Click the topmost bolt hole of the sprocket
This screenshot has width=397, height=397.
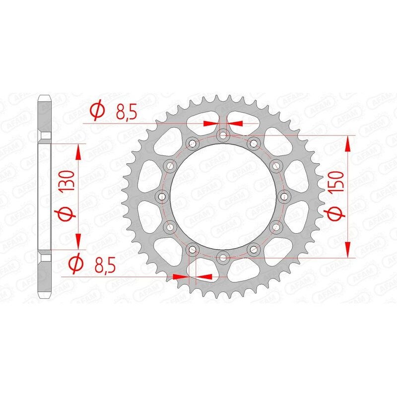(x=223, y=135)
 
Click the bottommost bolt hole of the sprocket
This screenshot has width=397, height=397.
(x=223, y=257)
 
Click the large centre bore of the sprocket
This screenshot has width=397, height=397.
(x=223, y=196)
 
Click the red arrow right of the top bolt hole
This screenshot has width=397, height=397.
(x=236, y=123)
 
